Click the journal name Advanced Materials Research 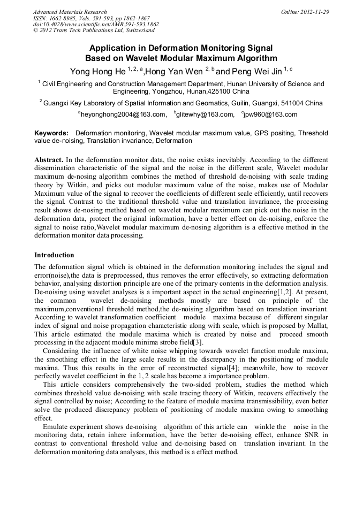(x=70, y=12)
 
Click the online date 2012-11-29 (x=313, y=12)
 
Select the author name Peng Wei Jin (x=256, y=71)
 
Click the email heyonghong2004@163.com (x=123, y=114)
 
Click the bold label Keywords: (x=51, y=133)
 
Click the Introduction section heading (x=54, y=255)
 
